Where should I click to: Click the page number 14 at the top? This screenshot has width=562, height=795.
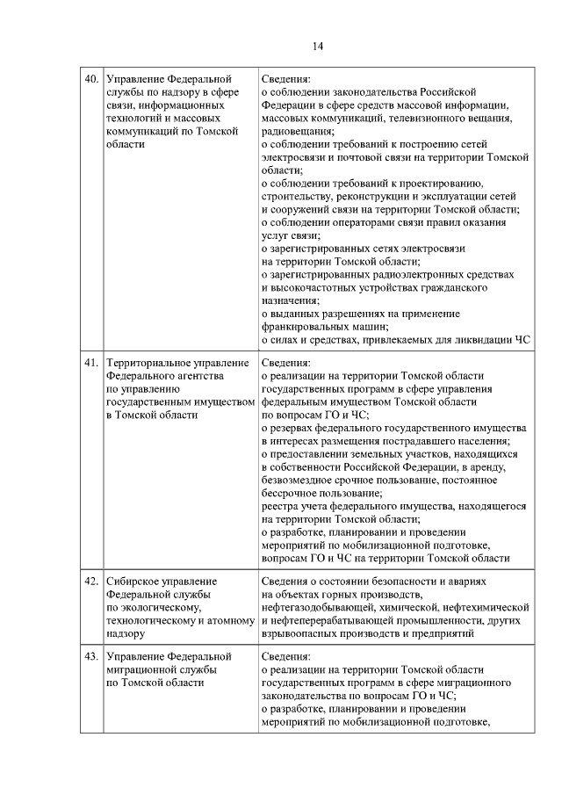point(317,47)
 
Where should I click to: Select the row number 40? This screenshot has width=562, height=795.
point(90,79)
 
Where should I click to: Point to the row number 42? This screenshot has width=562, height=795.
point(90,582)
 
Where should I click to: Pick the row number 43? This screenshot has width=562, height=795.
point(90,656)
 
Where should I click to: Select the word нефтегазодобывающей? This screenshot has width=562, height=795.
point(323,607)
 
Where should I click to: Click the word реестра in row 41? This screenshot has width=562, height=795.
point(280,506)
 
